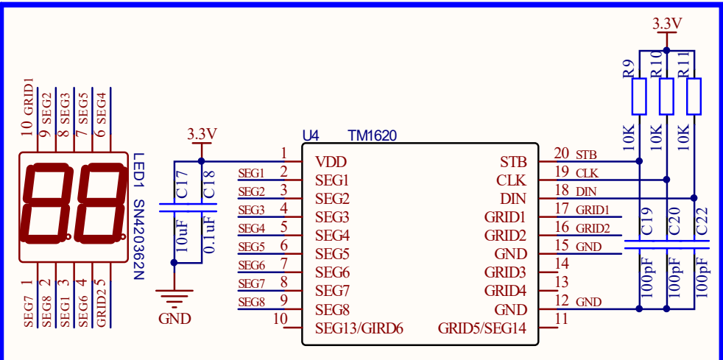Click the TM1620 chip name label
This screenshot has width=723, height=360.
pos(372,135)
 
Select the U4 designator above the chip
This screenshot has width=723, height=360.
pos(311,135)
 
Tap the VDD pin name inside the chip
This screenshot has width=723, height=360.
pos(331,161)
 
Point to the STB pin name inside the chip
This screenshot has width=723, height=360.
pos(513,161)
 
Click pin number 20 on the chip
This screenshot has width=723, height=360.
pos(562,154)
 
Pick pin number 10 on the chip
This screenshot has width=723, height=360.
pos(280,320)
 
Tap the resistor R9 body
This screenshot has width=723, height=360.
pos(639,96)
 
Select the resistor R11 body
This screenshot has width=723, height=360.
pos(694,96)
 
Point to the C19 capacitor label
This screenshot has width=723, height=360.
pos(647,222)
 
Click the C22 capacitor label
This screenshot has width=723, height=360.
pos(702,222)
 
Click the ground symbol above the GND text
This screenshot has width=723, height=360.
pos(174,299)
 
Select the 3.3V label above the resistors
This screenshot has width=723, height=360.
pos(667,24)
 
